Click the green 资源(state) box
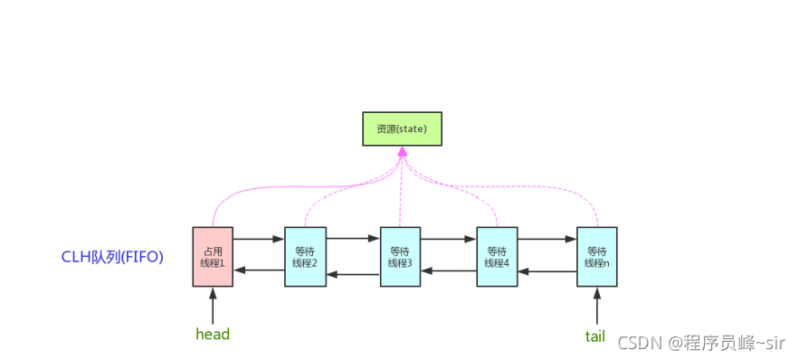[402, 129]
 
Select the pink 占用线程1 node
[213, 257]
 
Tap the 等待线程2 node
[305, 257]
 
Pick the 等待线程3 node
[400, 257]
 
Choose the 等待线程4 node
[496, 257]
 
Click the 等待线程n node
[596, 257]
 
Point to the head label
[213, 334]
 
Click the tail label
[594, 336]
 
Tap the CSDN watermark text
[701, 343]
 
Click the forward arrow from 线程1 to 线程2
[259, 240]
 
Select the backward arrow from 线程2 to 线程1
[259, 270]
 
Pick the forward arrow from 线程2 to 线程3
[353, 240]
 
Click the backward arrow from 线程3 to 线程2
[353, 274]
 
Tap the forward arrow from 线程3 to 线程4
[448, 240]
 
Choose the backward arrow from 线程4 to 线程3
[448, 270]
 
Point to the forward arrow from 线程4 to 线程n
[547, 240]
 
